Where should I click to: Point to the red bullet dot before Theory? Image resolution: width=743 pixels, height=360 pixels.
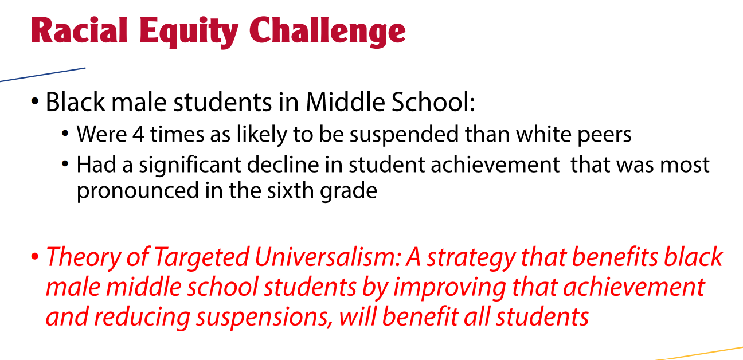36,257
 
